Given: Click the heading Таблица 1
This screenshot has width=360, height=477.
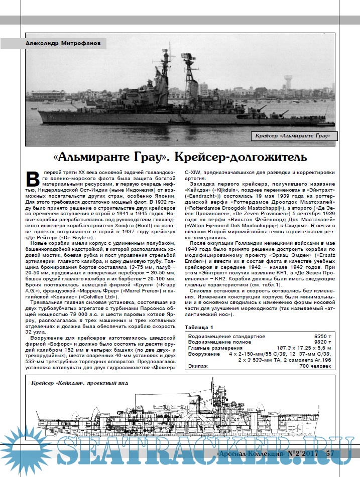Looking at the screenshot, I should [x=198, y=327].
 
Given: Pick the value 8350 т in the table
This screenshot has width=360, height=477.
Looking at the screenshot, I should [x=323, y=336].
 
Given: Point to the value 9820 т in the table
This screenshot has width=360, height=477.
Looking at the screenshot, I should [x=323, y=342].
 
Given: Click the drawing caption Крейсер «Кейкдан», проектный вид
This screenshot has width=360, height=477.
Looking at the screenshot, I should [x=79, y=383].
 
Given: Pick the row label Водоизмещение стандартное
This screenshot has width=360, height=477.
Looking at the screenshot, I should [x=225, y=336].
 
